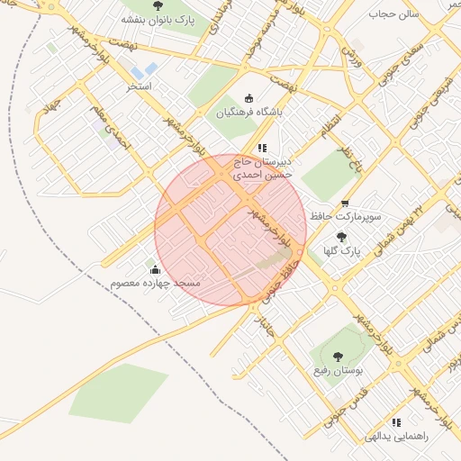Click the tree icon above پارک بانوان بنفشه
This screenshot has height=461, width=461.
coord(158,5)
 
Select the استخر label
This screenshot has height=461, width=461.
coord(140,86)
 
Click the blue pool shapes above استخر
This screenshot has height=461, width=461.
coord(143,70)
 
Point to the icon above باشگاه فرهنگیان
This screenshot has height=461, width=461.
coord(249,99)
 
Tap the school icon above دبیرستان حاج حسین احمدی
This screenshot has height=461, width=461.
coord(262,148)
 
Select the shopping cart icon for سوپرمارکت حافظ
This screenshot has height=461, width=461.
coord(345,203)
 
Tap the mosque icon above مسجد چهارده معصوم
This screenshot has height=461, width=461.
coord(155,269)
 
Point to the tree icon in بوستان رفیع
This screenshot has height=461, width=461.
coord(338,357)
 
